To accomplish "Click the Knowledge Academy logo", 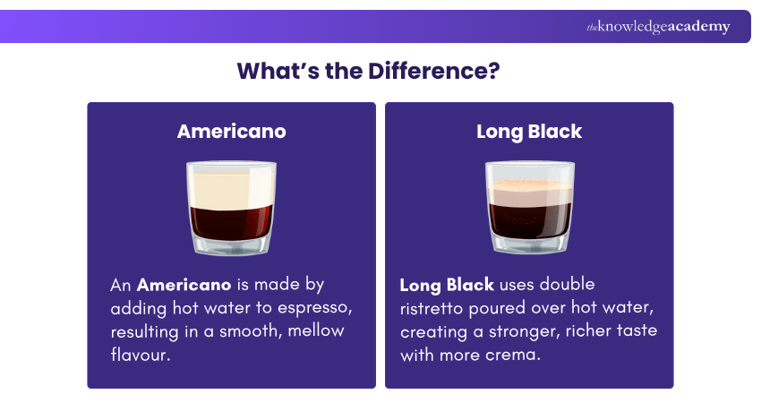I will point(658,27).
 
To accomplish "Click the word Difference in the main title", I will point(434,73).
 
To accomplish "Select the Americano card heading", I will point(231,132).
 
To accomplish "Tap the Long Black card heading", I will point(529,132).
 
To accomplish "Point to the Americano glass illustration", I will point(231,208).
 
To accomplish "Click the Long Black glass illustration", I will point(529,208).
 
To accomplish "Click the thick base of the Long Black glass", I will point(529,244).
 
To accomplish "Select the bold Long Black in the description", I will point(447,286).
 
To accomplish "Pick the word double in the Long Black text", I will point(590,286).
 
